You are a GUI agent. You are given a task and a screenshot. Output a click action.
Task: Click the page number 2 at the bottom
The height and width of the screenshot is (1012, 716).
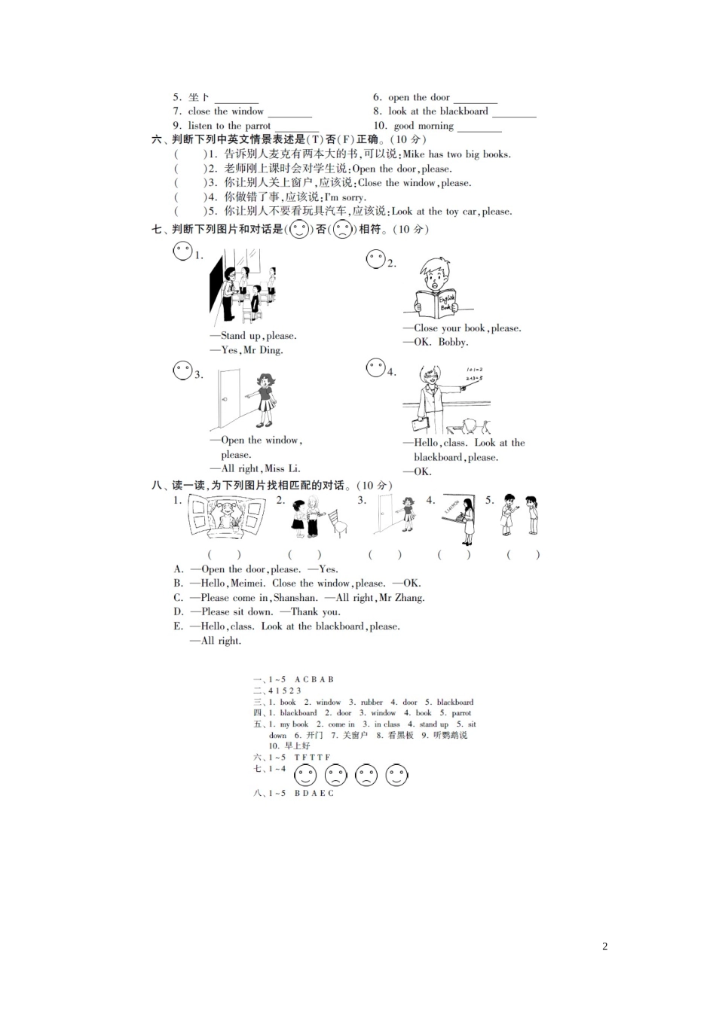click(604, 946)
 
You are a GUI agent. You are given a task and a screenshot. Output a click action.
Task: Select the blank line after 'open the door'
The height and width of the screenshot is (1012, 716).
click(476, 99)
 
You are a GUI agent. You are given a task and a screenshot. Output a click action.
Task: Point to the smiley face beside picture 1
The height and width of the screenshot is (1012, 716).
click(182, 251)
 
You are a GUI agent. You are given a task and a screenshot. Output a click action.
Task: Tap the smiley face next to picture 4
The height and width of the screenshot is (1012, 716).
click(375, 367)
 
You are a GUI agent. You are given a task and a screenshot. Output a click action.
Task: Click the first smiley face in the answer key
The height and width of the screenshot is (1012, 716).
click(305, 774)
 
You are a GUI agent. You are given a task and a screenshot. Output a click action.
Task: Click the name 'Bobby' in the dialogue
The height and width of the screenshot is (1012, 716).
click(452, 342)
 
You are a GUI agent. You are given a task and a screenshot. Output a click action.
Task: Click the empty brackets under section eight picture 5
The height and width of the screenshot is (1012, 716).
click(523, 555)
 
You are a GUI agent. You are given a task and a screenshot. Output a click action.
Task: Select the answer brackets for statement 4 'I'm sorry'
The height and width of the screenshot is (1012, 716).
click(189, 197)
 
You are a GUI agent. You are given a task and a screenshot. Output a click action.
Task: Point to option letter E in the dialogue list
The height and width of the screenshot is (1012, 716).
click(178, 626)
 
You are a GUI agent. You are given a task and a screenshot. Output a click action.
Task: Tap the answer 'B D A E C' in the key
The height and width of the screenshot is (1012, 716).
click(314, 793)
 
